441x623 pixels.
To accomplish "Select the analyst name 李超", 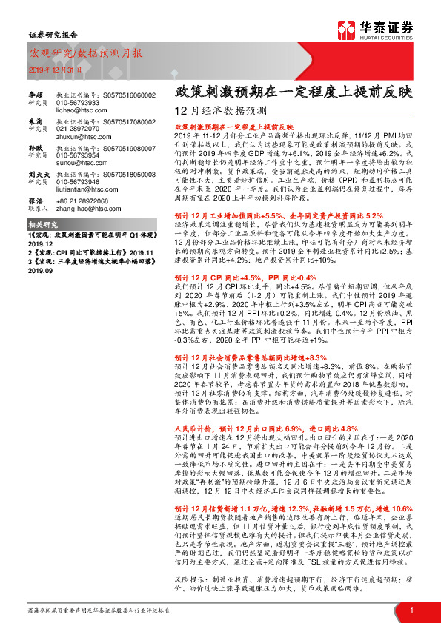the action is [x=35, y=95].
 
